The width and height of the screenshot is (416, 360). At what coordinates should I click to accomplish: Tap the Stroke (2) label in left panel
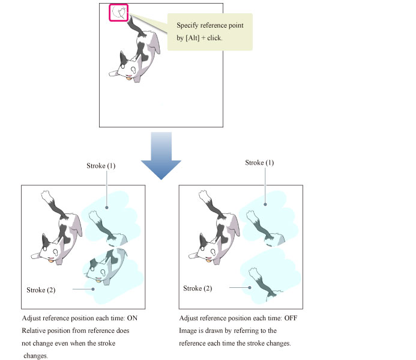(41, 290)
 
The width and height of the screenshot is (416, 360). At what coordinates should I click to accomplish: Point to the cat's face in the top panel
(128, 69)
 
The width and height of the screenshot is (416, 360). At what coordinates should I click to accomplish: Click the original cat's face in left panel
(52, 249)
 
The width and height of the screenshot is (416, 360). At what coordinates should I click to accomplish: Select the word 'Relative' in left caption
(35, 331)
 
